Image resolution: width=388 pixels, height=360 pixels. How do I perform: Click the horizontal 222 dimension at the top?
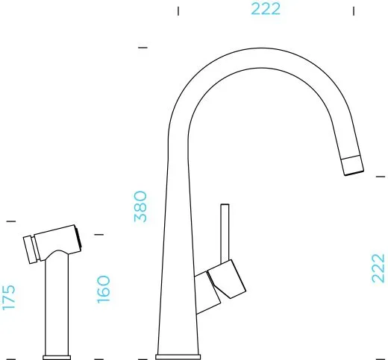(266, 9)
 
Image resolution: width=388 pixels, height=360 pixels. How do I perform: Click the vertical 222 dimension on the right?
(378, 268)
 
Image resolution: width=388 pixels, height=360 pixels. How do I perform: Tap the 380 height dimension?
(140, 206)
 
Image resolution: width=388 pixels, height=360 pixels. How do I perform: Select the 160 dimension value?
(103, 289)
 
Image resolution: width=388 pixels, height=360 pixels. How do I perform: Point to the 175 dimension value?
(9, 297)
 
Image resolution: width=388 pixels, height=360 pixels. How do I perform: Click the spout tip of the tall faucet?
(353, 165)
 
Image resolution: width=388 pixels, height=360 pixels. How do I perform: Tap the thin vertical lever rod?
(225, 233)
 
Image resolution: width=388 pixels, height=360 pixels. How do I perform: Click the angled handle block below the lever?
(227, 279)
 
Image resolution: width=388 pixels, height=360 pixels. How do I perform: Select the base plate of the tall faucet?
(178, 357)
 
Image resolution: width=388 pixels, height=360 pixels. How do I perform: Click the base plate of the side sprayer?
(57, 358)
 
